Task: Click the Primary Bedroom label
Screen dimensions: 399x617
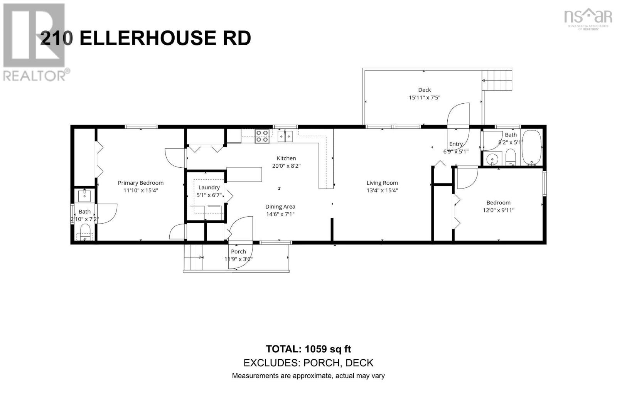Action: [140, 183]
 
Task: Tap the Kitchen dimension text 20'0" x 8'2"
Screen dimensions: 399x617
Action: [286, 166]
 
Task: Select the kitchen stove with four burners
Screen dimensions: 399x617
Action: [262, 136]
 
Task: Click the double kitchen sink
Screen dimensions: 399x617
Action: [285, 136]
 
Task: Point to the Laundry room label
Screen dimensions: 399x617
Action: [209, 187]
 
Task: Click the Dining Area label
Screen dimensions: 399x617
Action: [280, 207]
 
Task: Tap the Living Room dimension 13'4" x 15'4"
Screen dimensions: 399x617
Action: [382, 190]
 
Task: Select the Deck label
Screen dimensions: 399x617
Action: [424, 90]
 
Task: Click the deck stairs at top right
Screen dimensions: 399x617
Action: [497, 80]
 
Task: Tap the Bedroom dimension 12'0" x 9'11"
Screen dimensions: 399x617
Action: [498, 210]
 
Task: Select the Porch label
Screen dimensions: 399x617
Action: [238, 251]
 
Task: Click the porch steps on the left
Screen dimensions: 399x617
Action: [193, 257]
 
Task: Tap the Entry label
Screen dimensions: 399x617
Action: [455, 144]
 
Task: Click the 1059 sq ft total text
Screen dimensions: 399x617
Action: [328, 349]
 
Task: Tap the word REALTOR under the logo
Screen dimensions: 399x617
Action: [34, 76]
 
